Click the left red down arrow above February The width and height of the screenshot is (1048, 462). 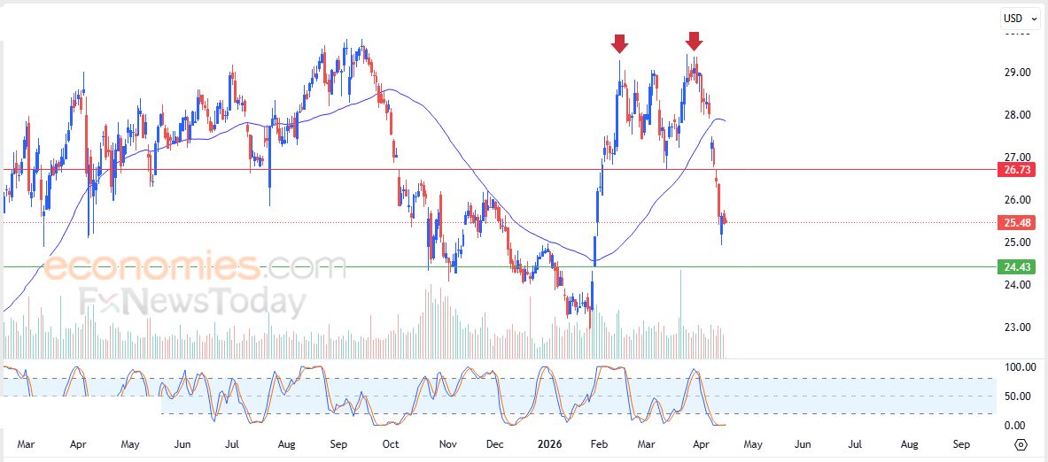pos(619,42)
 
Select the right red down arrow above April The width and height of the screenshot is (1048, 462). pos(694,41)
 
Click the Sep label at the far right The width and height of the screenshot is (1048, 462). pos(962,443)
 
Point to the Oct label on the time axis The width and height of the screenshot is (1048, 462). pos(390,443)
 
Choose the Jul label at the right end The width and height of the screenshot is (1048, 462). pos(856,443)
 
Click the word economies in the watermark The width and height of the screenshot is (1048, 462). pos(151,266)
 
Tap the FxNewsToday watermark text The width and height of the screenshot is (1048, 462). pos(190,303)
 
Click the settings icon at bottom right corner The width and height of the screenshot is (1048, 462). pos(1021,444)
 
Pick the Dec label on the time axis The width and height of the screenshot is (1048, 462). pos(494,443)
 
